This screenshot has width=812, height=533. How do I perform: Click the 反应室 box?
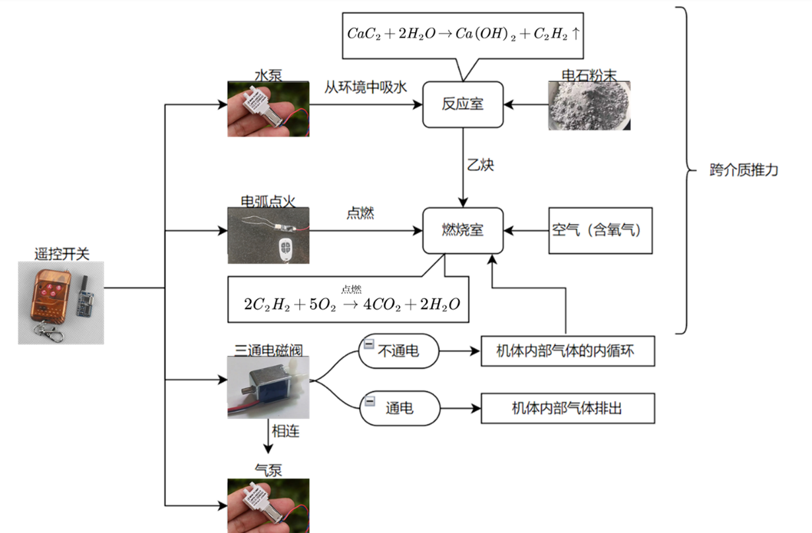click(x=462, y=104)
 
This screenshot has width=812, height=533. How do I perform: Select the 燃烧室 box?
click(x=462, y=230)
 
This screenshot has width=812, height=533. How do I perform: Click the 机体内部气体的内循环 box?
click(x=568, y=352)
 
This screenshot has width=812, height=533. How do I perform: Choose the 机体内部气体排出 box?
click(x=568, y=409)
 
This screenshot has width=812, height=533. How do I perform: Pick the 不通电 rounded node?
click(x=399, y=351)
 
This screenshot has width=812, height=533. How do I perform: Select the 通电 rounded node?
click(x=400, y=408)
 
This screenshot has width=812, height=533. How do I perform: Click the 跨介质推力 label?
click(x=743, y=170)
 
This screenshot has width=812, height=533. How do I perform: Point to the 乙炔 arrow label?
click(x=480, y=165)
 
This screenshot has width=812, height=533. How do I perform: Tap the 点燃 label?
click(x=360, y=213)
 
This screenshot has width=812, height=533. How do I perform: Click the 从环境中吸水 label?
click(x=365, y=87)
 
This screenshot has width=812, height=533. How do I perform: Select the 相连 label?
click(x=285, y=431)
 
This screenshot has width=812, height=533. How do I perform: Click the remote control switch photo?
click(x=61, y=302)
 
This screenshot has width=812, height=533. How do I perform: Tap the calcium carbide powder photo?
click(x=589, y=106)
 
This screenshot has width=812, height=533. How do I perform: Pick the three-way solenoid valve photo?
click(x=268, y=387)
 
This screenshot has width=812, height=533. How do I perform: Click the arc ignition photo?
click(x=268, y=235)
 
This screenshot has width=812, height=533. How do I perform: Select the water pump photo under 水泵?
click(x=268, y=109)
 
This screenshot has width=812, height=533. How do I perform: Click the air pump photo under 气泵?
click(x=268, y=505)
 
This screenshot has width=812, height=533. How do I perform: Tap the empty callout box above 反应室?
click(x=463, y=36)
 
